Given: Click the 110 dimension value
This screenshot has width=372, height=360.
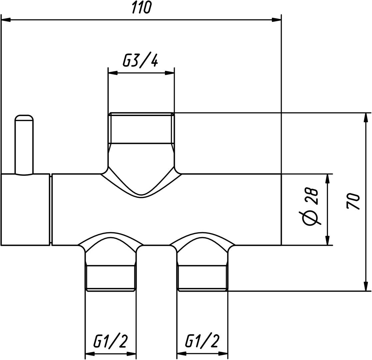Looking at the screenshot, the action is [x=141, y=8].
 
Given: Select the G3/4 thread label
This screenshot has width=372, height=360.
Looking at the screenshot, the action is [x=140, y=61].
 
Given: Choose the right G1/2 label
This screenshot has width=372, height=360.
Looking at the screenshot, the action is [x=203, y=341].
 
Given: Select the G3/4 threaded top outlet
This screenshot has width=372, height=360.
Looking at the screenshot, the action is [x=141, y=128].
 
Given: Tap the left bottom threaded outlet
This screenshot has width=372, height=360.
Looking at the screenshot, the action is [x=111, y=278].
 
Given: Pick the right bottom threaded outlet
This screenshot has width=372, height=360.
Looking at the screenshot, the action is [x=202, y=278].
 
